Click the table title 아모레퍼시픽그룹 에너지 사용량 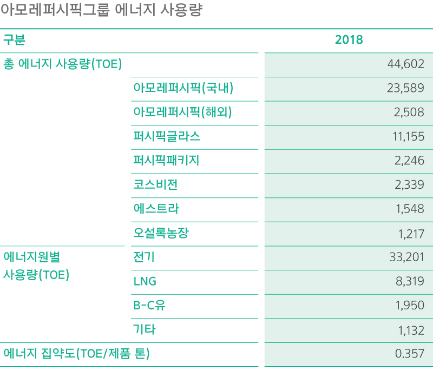click(x=101, y=11)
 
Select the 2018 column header click(x=349, y=40)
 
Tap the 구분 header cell click(x=15, y=40)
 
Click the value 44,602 click(x=406, y=64)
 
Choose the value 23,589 click(x=405, y=88)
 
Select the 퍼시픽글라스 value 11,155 click(x=408, y=136)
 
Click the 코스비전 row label click(x=155, y=184)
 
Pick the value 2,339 click(x=410, y=184)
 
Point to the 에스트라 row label click(x=156, y=209)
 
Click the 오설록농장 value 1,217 click(x=411, y=233)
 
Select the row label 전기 click(x=144, y=257)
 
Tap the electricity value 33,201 click(x=407, y=257)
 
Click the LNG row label click(x=145, y=281)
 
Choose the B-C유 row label click(x=149, y=305)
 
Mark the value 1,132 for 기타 click(x=411, y=329)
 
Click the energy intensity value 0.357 click(x=410, y=354)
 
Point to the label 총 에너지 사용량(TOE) click(x=63, y=64)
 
